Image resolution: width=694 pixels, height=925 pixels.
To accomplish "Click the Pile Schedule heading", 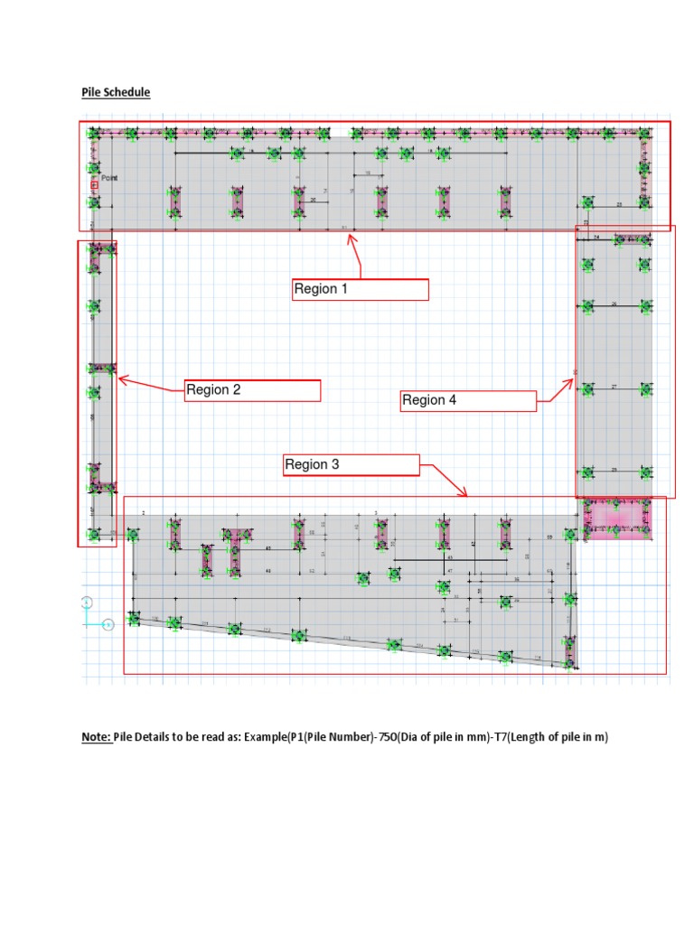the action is point(116,92).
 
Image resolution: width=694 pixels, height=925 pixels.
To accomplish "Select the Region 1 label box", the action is point(361,289).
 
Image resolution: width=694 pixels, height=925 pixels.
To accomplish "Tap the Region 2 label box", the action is point(253,390).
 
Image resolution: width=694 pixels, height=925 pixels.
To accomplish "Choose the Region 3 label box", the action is point(352,464).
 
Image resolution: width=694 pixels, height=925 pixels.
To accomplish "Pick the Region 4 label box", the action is point(468,400).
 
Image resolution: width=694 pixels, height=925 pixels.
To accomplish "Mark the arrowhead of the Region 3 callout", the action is point(465,494).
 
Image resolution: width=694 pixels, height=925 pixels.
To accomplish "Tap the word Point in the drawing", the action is point(109,178).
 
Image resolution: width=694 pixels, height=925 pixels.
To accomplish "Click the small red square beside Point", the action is point(94,185).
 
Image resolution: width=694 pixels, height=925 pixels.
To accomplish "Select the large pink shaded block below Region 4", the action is point(617,519).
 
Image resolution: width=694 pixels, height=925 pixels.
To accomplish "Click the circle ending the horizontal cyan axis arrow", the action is point(108,623).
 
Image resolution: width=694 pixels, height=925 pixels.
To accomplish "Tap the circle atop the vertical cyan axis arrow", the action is point(87,602).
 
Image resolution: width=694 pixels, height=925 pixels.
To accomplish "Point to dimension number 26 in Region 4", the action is point(614,304).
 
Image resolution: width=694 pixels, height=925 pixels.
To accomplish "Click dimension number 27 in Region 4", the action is point(614,386).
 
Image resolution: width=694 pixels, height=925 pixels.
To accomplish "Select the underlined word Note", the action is point(97,737).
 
